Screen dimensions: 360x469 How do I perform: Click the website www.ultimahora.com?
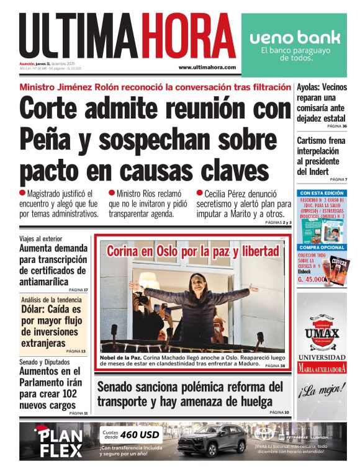click(207, 67)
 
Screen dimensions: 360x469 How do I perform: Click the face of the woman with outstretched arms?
click(197, 282)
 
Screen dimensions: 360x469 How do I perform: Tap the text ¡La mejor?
click(322, 391)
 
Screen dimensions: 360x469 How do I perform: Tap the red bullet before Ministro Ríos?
click(112, 193)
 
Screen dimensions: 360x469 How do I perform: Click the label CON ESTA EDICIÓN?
click(322, 193)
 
